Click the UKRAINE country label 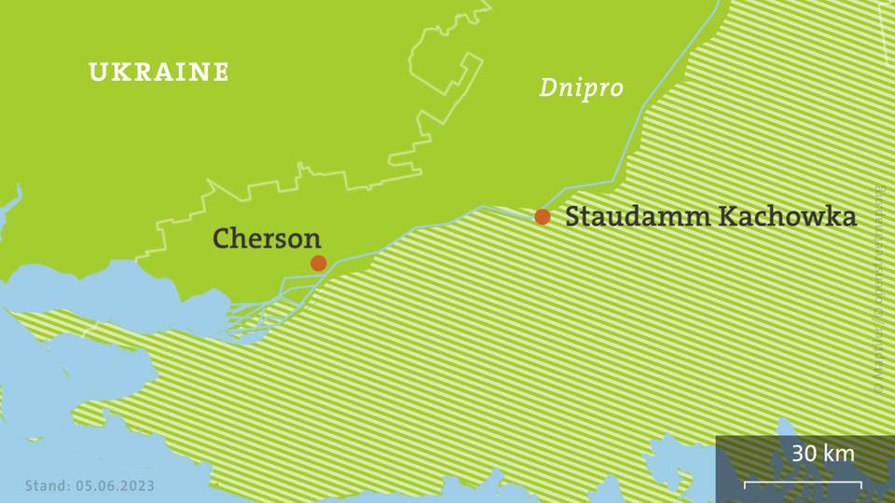158,72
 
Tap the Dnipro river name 581,88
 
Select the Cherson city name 267,238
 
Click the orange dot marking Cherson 319,263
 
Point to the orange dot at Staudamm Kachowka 543,217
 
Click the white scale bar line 803,483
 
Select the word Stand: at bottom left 44,485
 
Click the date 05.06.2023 113,485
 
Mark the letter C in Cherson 222,238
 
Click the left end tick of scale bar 745,483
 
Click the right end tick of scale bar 861,483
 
